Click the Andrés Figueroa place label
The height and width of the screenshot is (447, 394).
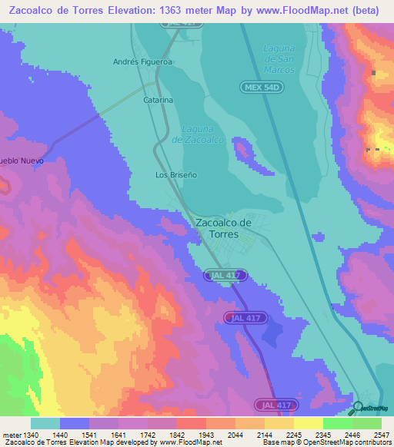pos(142,61)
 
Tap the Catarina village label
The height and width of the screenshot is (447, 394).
pos(158,100)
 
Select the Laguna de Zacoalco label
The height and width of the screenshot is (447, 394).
pos(198,134)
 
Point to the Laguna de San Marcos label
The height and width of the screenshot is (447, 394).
pos(279,58)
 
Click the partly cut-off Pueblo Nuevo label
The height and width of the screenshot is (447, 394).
pos(22,161)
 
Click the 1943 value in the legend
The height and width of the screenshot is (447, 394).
pos(206,435)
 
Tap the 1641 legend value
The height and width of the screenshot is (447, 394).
pos(119,435)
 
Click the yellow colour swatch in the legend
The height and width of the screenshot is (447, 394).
pos(309,423)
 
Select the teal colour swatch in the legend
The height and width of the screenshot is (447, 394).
pos(45,423)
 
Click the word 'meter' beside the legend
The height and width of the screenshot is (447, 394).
pos(12,435)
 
